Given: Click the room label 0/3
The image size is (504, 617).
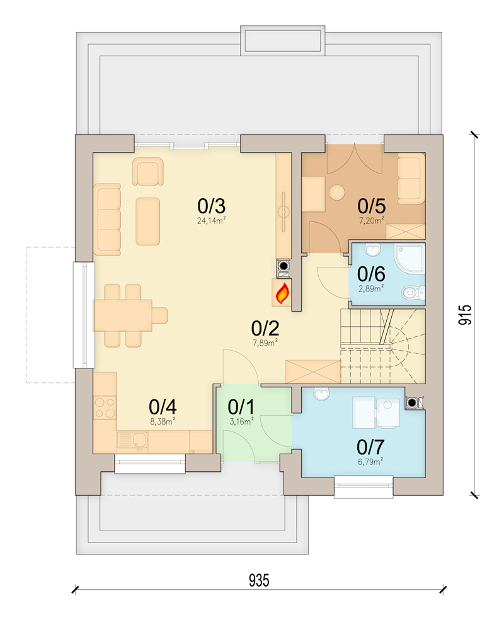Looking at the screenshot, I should pyautogui.click(x=212, y=206).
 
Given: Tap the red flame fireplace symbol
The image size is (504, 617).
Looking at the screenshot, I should pyautogui.click(x=283, y=292).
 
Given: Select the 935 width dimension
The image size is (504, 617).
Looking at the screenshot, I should pyautogui.click(x=258, y=580).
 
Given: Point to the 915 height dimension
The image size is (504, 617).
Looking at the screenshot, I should pyautogui.click(x=464, y=314).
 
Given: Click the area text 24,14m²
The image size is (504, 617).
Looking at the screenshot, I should pyautogui.click(x=212, y=221).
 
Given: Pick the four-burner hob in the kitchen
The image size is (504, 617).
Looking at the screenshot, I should pyautogui.click(x=105, y=407).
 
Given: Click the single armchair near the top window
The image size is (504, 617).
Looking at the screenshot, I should pyautogui.click(x=147, y=172).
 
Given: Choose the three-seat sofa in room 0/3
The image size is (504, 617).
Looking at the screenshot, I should pyautogui.click(x=107, y=220).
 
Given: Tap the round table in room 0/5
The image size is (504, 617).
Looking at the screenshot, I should pyautogui.click(x=338, y=192).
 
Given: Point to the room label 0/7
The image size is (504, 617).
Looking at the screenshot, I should pyautogui.click(x=370, y=447).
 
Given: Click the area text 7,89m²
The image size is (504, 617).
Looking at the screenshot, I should pyautogui.click(x=265, y=343).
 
